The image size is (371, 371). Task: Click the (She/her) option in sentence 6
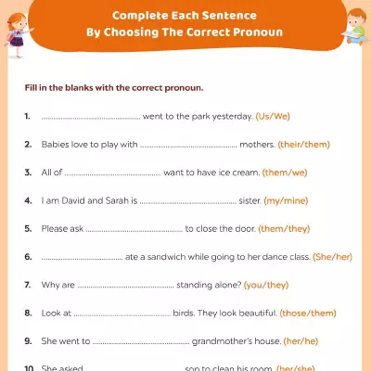(x=336, y=256)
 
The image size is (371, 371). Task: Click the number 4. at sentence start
(x=29, y=200)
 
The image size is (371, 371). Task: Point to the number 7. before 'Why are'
(x=29, y=284)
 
